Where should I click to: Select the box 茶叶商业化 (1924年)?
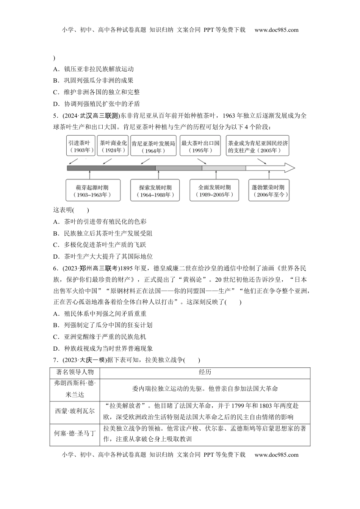113,146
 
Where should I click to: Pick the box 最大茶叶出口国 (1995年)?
200,146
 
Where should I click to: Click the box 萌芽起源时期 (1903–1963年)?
92,191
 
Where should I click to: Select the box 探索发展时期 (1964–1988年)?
155,191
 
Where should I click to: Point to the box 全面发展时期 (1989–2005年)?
214,191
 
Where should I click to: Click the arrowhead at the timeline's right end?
290,168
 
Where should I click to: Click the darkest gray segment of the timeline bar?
111,168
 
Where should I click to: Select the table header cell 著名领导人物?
75,372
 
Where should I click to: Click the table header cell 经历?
205,372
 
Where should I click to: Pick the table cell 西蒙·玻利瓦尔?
75,411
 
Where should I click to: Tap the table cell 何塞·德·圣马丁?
75,433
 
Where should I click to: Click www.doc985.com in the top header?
276,30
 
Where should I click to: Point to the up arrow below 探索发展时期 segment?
155,175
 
